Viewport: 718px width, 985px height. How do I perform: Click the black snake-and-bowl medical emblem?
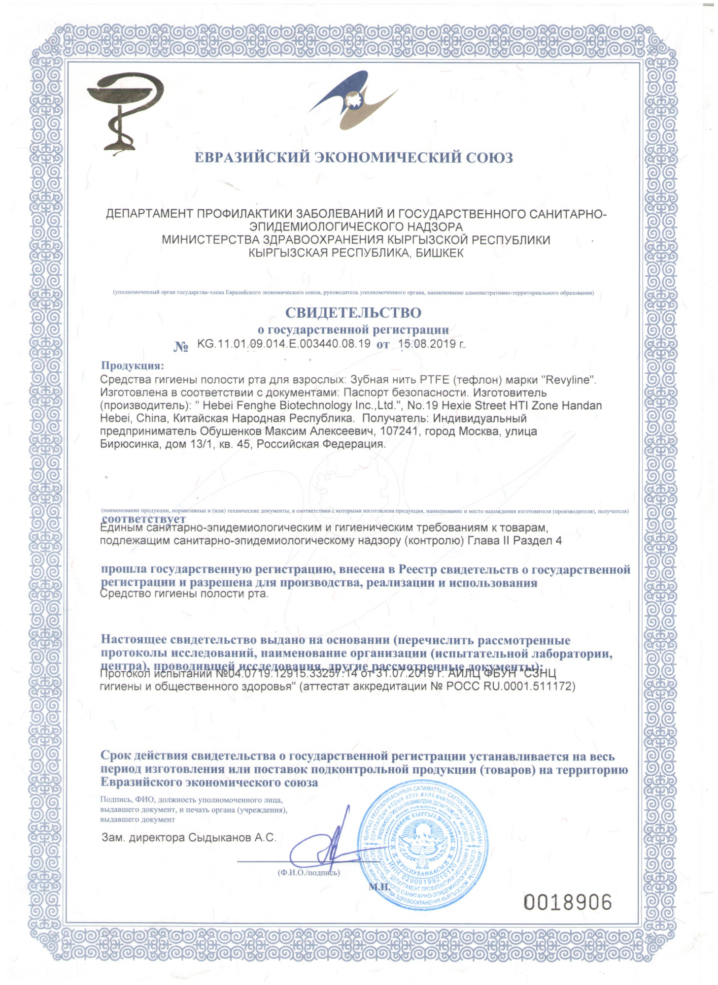coord(124,111)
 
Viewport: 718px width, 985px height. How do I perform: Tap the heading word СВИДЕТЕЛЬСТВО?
coord(353,313)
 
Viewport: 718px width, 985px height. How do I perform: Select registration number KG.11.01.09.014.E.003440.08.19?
coord(283,344)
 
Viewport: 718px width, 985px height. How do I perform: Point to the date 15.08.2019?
coord(428,344)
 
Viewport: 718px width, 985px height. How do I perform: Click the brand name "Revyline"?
coord(569,380)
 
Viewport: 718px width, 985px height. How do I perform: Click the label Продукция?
coord(132,365)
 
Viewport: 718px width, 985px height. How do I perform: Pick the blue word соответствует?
coord(144,519)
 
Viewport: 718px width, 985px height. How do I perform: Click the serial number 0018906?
coord(567,902)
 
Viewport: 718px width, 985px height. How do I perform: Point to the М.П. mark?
coord(379,886)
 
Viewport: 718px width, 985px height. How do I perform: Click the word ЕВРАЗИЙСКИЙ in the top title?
coord(252,158)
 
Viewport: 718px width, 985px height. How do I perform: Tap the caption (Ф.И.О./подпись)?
coord(308,873)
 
